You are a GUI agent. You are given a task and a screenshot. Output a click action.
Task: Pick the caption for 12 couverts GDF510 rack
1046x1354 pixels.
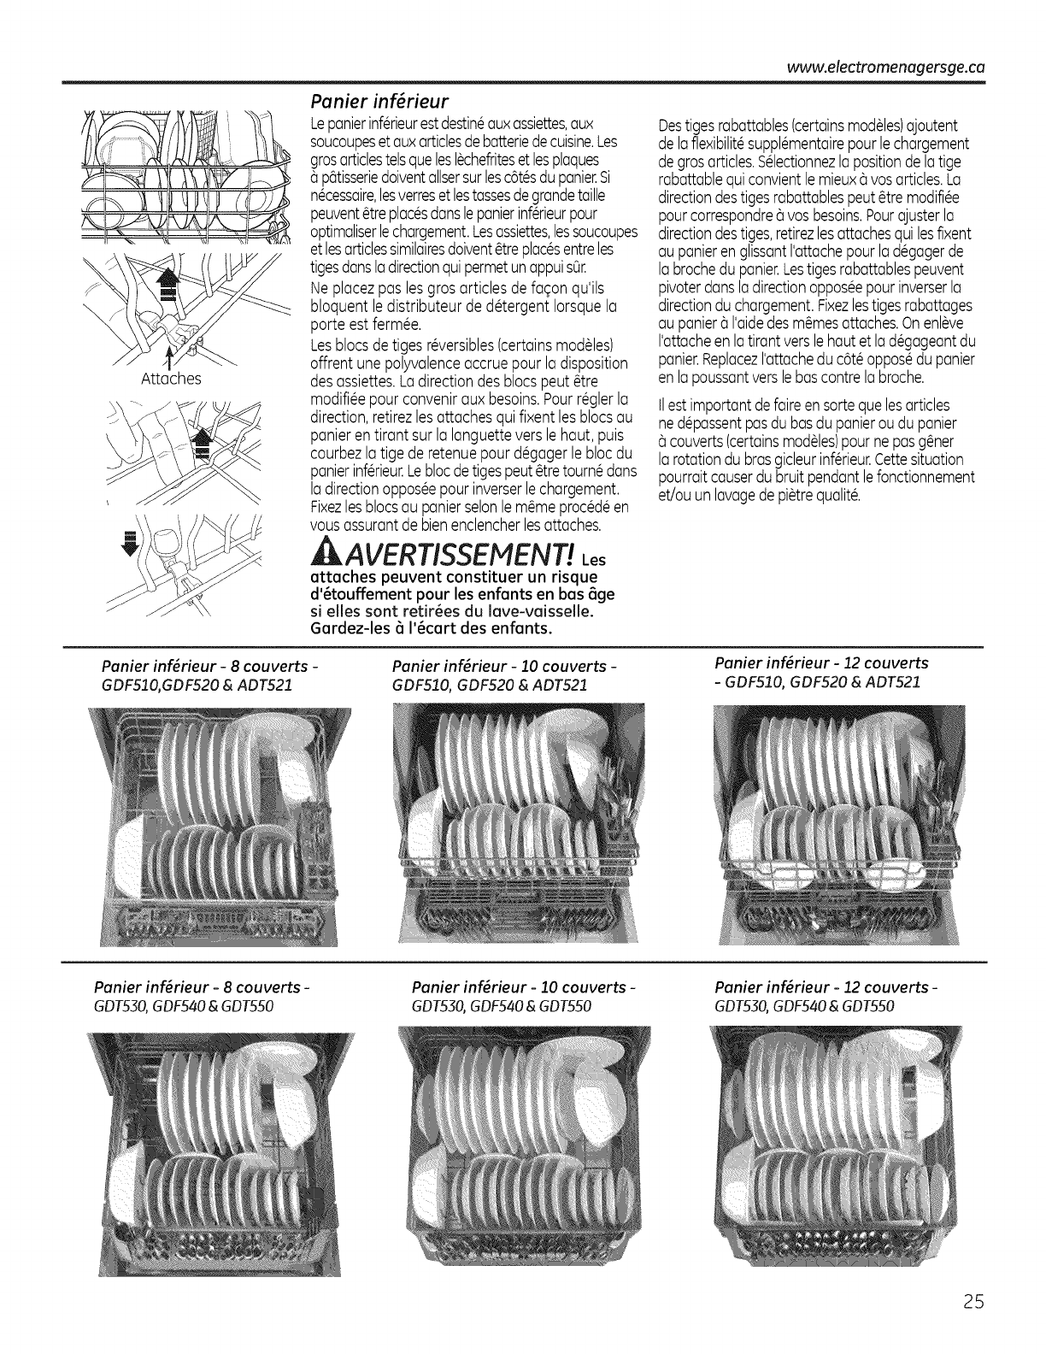[x=820, y=672]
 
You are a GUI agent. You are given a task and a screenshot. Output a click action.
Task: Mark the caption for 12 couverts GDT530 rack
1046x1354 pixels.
[x=827, y=996]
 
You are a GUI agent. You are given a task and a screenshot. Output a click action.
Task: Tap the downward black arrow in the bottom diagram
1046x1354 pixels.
[x=131, y=544]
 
